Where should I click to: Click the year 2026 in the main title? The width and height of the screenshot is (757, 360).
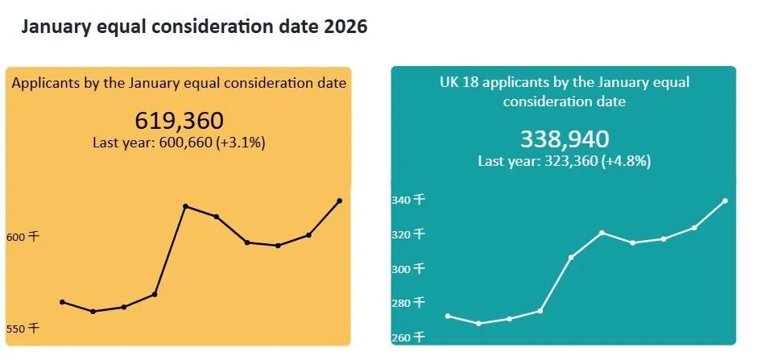[x=345, y=27]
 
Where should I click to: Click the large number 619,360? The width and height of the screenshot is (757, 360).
[x=179, y=121]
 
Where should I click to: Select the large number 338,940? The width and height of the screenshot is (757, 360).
[x=564, y=139]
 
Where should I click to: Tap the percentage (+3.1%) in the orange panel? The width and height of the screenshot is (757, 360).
[x=239, y=143]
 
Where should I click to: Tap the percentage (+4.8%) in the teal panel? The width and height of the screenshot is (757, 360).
[x=624, y=161]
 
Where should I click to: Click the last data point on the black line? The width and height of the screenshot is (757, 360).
[x=339, y=201]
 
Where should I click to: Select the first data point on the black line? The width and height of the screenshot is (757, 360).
[x=62, y=302]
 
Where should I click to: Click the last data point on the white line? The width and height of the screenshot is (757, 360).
[x=725, y=201]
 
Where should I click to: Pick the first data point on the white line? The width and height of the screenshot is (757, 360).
[x=448, y=316]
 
